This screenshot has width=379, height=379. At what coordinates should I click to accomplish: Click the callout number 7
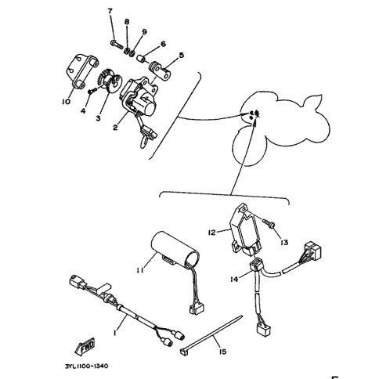point(110,11)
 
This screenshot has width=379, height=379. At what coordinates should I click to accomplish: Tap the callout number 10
point(66,101)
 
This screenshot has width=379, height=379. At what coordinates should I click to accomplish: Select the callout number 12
point(212,232)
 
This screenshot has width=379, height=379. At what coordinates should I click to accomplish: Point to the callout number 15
point(222,352)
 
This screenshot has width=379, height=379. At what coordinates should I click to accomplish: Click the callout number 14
point(234,279)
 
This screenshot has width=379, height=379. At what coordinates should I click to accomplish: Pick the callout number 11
point(140,270)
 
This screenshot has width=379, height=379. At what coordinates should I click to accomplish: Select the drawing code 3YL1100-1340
point(86,366)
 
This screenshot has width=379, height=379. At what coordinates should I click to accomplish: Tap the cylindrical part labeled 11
point(175,247)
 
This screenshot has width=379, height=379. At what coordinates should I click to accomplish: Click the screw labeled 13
point(268,223)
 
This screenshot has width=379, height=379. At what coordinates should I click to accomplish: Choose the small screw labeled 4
point(92,91)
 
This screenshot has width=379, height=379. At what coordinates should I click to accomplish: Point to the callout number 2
point(115,127)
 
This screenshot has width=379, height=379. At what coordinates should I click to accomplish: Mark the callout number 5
point(182,56)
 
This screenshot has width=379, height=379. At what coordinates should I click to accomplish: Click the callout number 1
point(115,333)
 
